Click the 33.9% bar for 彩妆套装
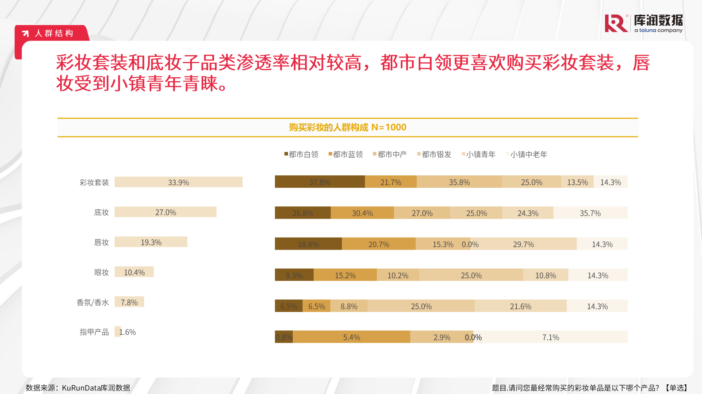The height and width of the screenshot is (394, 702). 178,182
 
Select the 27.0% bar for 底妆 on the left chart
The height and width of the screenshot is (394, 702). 165,212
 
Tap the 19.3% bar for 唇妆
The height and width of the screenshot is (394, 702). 151,242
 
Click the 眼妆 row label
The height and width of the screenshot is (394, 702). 101,273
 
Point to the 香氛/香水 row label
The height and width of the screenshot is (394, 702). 92,303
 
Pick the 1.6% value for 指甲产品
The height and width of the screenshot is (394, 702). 127,332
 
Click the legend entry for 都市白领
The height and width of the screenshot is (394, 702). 301,154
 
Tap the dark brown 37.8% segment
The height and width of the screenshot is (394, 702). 319,182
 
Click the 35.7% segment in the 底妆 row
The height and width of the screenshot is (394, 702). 590,213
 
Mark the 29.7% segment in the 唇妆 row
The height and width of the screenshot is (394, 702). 523,244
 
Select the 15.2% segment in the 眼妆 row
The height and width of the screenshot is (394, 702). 345,275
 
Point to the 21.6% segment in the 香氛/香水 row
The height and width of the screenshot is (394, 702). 520,306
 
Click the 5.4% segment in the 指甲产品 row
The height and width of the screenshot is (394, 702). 351,337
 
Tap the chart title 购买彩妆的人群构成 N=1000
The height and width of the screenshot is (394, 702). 347,127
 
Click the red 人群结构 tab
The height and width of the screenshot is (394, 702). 53,33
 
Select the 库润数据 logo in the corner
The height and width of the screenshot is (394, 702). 644,23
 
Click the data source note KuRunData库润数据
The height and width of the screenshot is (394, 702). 78,388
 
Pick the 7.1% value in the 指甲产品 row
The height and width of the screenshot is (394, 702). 551,337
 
